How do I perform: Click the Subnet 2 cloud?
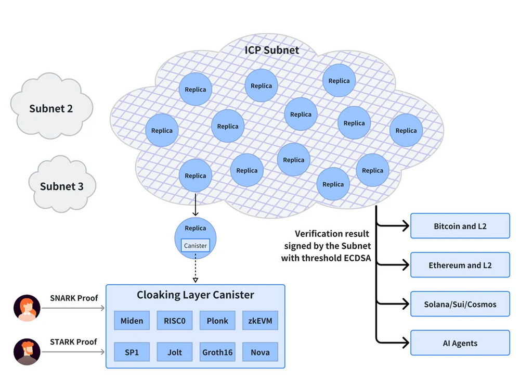(51, 108)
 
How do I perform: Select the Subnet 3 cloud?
(61, 186)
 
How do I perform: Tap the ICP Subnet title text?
(272, 50)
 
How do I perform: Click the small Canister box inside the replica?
(196, 246)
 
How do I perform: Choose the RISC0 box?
(174, 321)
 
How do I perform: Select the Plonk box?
(217, 321)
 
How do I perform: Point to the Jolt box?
(174, 352)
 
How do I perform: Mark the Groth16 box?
(217, 352)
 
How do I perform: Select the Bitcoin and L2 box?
(460, 226)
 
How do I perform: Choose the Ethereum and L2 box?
(460, 265)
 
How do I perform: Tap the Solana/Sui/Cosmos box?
(460, 304)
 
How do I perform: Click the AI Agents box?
(460, 343)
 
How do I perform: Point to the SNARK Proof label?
(73, 298)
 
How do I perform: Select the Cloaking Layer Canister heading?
(196, 295)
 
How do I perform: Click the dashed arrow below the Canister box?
(196, 268)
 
